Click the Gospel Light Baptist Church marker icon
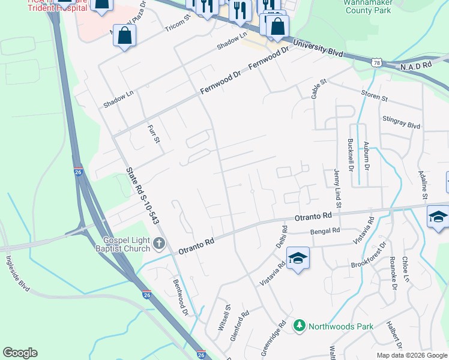pos(158,244)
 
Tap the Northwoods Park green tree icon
pos(299,325)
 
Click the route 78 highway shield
pos(376,62)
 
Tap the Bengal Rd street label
pos(325,230)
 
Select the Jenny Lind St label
pos(337,188)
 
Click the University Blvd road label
pos(318,49)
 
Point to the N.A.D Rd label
pos(417,64)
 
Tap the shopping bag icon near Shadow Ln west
pos(125,36)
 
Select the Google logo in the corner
pos(20,353)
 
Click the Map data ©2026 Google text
pos(411,355)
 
